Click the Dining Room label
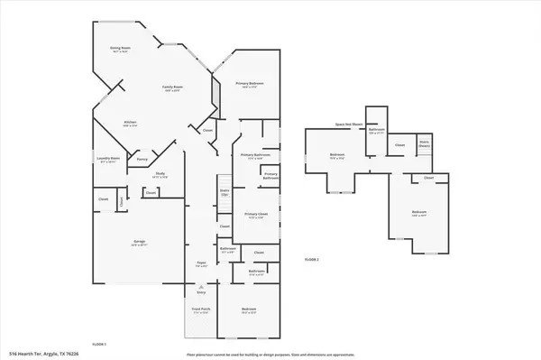[x=120, y=51]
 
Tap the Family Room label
[x=172, y=88]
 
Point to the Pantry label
[x=142, y=160]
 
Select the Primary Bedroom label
[x=249, y=85]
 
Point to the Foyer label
[x=203, y=264]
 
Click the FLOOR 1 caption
[x=99, y=344]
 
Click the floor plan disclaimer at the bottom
[x=270, y=353]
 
